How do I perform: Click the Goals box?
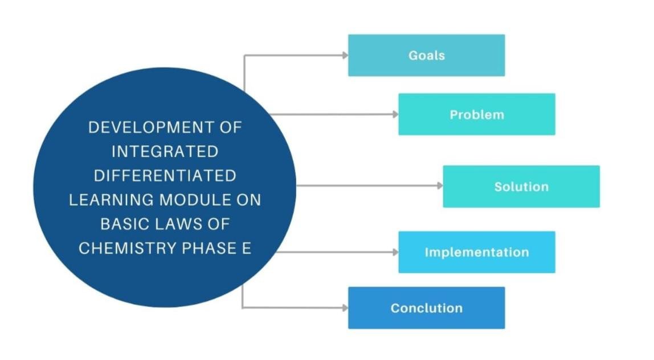click(x=426, y=55)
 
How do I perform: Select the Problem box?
click(x=476, y=114)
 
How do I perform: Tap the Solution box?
click(x=521, y=186)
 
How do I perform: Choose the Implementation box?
click(x=476, y=252)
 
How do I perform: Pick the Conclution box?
click(x=426, y=308)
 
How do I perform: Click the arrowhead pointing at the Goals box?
click(x=345, y=55)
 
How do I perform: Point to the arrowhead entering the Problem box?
click(x=395, y=114)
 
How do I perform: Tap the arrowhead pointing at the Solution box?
click(x=440, y=186)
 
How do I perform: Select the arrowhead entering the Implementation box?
click(x=395, y=252)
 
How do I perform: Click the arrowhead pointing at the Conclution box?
click(x=345, y=308)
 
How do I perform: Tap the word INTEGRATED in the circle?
click(x=165, y=152)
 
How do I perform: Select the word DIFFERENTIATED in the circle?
click(x=165, y=175)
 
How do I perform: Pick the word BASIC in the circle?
click(x=122, y=224)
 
